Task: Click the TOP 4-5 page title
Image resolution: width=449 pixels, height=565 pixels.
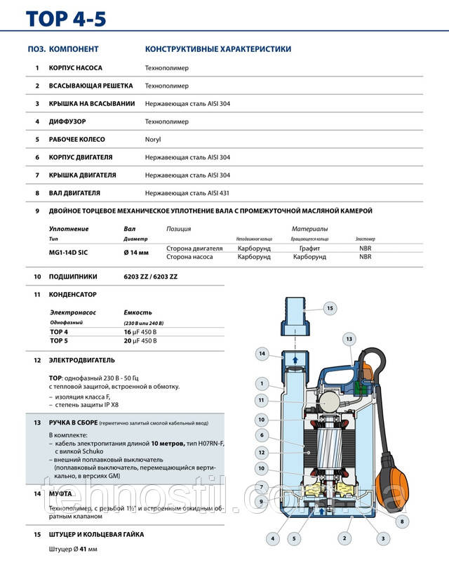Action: (67, 18)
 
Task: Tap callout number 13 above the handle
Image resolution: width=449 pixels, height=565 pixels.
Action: (349, 340)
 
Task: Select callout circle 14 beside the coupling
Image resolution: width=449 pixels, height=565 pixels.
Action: (261, 354)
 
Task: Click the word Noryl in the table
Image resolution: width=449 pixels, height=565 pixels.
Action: (153, 140)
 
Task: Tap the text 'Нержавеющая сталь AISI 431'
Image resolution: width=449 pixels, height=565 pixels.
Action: (187, 193)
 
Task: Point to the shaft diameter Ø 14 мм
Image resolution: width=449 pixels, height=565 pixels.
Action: (137, 252)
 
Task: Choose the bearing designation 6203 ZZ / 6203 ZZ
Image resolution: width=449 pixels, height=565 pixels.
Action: (151, 277)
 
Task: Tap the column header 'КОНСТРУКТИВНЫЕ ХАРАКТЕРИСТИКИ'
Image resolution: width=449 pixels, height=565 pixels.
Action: (217, 49)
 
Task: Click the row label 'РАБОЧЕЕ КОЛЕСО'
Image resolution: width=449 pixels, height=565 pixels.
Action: (79, 140)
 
